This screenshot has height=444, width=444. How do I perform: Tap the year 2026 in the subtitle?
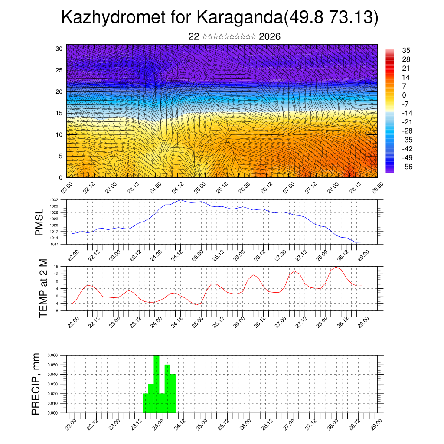click(269, 36)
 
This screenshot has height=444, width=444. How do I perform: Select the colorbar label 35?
click(406, 50)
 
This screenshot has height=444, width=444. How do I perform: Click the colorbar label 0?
click(404, 95)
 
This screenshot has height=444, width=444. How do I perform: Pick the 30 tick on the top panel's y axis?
click(59, 49)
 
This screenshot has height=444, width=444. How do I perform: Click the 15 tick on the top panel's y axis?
click(59, 113)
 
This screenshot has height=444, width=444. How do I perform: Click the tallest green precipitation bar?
click(157, 382)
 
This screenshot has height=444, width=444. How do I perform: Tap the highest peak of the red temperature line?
click(336, 267)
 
